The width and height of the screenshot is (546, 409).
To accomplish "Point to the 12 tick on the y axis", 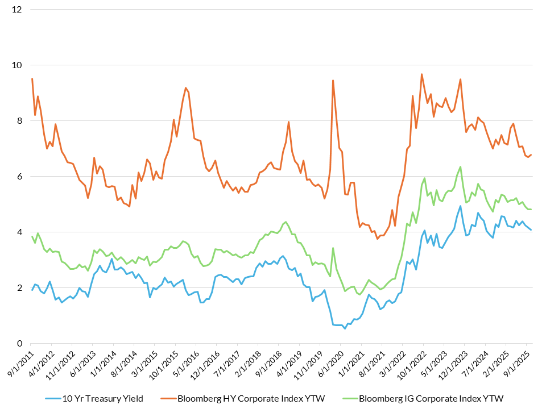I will pos(17,10).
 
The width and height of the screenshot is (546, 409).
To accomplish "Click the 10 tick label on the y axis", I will pos(17,65).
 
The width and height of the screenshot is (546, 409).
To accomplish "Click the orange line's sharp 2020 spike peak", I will pos(333,80).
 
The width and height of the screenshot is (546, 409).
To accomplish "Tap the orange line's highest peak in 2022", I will pos(421,74).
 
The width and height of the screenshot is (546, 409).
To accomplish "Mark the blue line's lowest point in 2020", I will pos(345,328).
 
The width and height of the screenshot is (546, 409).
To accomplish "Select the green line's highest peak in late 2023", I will pos(460,166).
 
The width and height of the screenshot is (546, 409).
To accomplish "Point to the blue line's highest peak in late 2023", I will pos(460,206).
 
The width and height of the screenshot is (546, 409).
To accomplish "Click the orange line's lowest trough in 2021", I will pos(377,239).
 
